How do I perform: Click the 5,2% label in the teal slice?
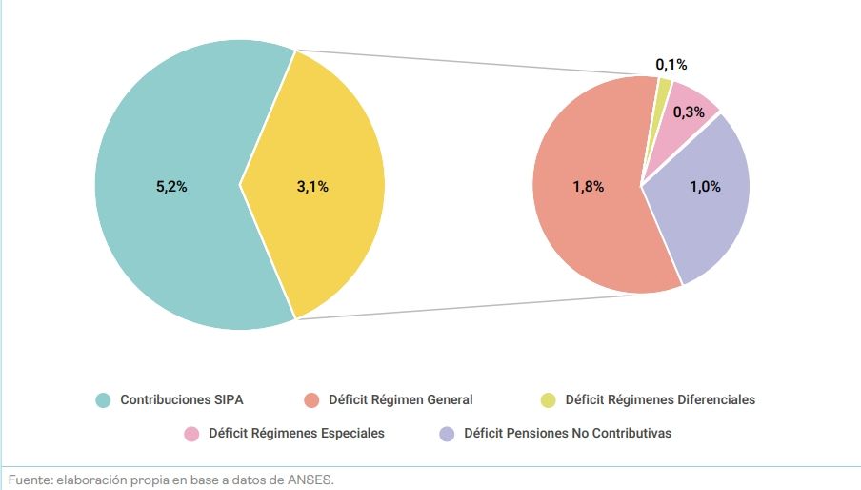pos(171,187)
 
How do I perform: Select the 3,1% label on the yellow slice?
pos(312,187)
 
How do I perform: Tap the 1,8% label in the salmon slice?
pos(588,187)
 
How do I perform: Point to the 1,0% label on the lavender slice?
pos(705,187)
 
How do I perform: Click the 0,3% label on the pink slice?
pos(689,112)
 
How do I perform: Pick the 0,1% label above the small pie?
pos(671,65)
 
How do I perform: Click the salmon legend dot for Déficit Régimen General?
pos(311,400)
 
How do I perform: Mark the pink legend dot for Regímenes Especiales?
pos(191,434)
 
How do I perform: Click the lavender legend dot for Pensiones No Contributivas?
pos(447,434)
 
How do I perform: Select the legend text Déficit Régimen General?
pos(400,400)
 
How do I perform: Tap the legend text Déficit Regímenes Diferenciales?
pos(660,400)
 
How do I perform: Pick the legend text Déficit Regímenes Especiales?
pos(296,434)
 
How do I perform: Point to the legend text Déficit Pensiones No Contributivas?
pos(568,434)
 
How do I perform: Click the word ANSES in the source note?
pos(311,480)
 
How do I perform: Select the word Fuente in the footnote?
pos(30,480)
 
